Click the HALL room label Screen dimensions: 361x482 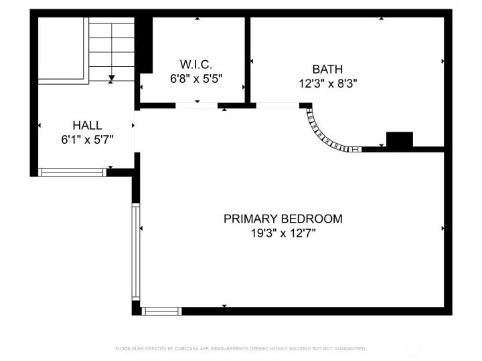click(87, 125)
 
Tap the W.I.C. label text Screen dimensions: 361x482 click(195, 65)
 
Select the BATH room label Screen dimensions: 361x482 click(327, 70)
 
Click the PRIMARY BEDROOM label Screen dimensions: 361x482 click(283, 219)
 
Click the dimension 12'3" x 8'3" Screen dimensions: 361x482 click(327, 84)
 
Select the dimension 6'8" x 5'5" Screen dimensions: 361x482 click(195, 78)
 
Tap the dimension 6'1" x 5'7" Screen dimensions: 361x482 click(87, 140)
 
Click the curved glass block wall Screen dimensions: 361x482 click(326, 136)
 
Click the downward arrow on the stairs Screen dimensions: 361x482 click(112, 78)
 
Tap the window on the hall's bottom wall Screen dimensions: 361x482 click(72, 172)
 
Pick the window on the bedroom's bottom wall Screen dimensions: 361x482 click(162, 311)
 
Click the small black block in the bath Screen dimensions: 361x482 click(400, 139)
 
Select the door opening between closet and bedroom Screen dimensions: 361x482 click(197, 106)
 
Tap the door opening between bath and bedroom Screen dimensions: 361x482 click(277, 106)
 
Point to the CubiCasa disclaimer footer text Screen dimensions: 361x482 click(241, 348)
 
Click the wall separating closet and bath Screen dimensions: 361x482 click(247, 60)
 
